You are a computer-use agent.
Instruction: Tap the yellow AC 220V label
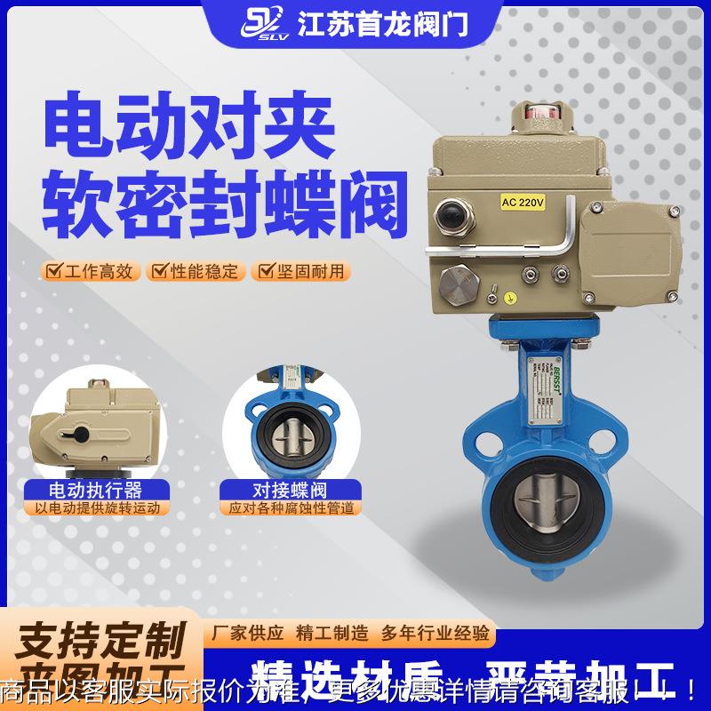pyautogui.click(x=523, y=202)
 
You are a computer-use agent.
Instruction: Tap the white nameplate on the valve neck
pyautogui.click(x=539, y=389)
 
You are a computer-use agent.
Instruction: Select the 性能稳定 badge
pyautogui.click(x=195, y=271)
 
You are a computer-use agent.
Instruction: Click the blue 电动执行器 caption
pyautogui.click(x=95, y=490)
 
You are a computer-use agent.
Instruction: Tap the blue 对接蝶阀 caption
pyautogui.click(x=292, y=490)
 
